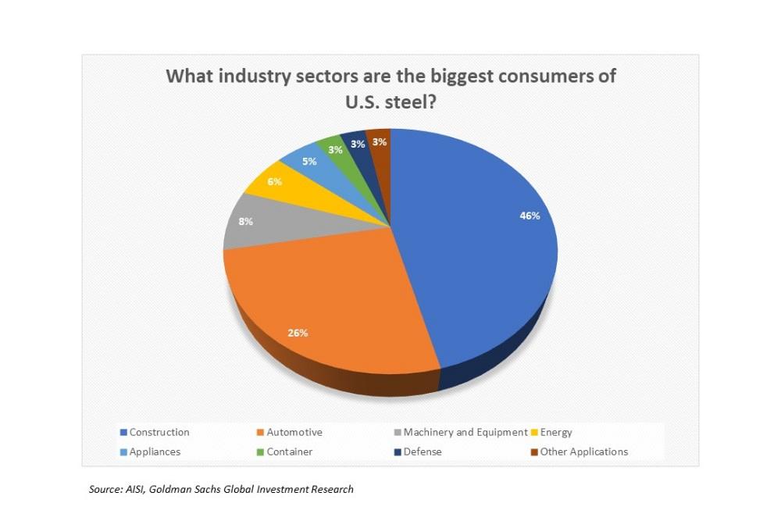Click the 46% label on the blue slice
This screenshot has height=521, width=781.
coord(530,216)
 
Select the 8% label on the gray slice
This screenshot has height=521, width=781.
coord(245,222)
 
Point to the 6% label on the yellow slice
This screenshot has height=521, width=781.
coord(273,180)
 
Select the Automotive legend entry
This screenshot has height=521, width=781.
coord(294,432)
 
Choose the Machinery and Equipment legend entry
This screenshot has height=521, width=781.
coord(463,432)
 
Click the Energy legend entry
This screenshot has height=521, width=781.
coord(556,432)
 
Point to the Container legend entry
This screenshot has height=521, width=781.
coord(289,451)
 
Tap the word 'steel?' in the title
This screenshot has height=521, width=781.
coord(413,103)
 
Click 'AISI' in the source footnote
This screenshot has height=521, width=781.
coord(134,490)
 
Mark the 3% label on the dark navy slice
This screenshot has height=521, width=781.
coord(358,145)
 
